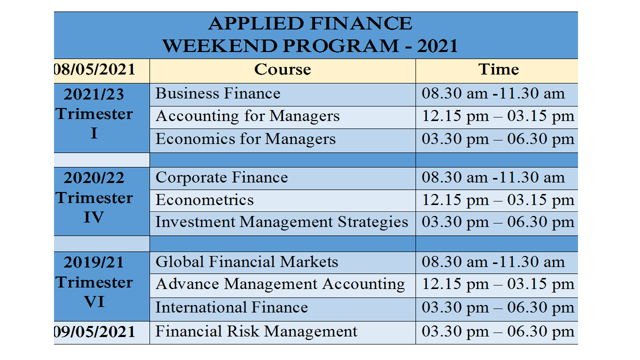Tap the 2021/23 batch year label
pyautogui.click(x=93, y=94)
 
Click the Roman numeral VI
pyautogui.click(x=94, y=301)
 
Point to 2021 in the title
pyautogui.click(x=437, y=45)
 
